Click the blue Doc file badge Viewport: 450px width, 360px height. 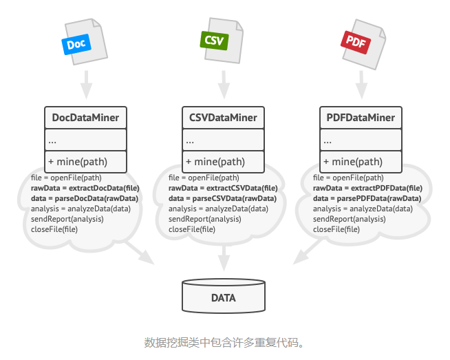coord(76,44)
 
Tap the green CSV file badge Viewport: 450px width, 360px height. coord(214,40)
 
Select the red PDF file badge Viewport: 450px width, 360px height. coord(355,41)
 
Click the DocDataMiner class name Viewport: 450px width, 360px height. coord(85,118)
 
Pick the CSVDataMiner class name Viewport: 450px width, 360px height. coord(223,118)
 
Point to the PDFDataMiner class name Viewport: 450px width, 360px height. coord(361,118)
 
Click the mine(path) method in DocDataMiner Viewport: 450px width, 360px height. coord(78,162)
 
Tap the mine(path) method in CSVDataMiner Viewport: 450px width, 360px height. coord(215,162)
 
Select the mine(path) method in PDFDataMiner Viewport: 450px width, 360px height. coord(352,162)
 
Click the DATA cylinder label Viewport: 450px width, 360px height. coord(223,298)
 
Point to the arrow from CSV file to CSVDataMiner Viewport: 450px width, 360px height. coord(223,86)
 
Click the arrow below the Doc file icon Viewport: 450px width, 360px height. coord(85,86)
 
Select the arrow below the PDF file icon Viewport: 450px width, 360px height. coord(361,86)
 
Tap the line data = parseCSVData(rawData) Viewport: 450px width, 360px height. coord(222,198)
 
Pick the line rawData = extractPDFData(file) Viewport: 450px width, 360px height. coord(367,188)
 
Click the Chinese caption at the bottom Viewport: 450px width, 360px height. coord(224,342)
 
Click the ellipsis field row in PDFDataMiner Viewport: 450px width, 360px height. coord(361,140)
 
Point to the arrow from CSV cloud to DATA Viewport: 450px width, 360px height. coord(223,258)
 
